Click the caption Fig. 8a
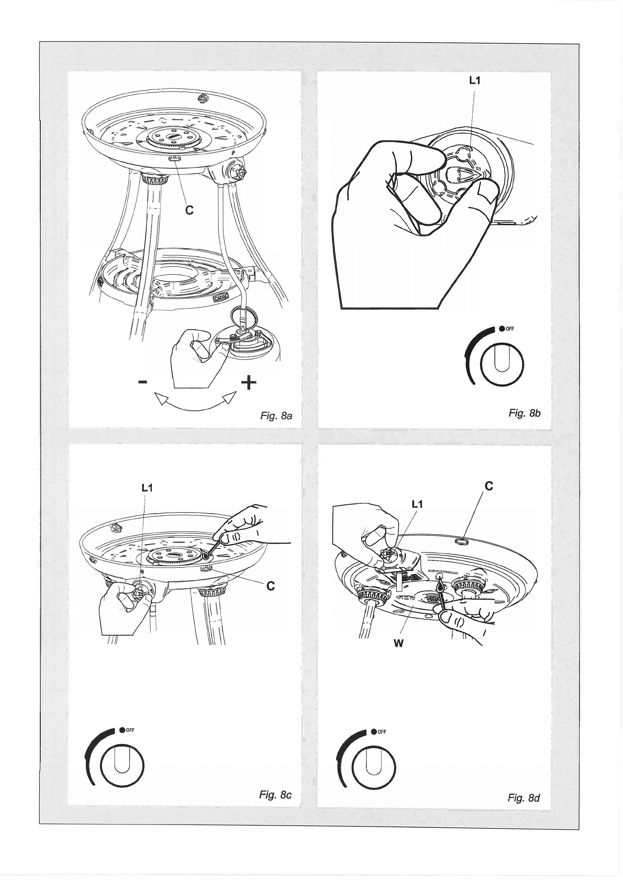tap(276, 416)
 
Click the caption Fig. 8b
tap(525, 413)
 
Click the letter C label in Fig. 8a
tap(190, 210)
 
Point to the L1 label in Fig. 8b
tap(475, 81)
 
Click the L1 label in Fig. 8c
tap(147, 488)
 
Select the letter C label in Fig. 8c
tap(270, 586)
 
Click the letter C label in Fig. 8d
tap(489, 486)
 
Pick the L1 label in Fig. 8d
tap(417, 504)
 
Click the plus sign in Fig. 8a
tap(249, 382)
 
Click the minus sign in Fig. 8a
tap(143, 381)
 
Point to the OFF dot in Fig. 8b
tap(502, 329)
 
